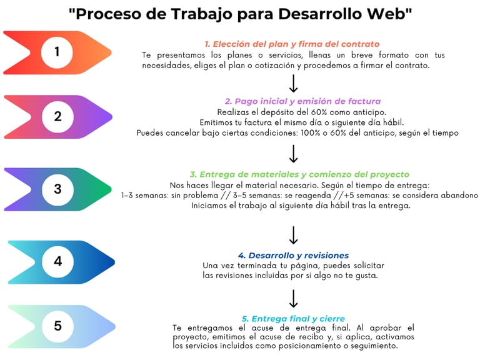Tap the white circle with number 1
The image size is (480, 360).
click(x=57, y=52)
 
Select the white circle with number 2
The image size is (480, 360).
click(x=57, y=117)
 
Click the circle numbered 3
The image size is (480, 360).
click(x=57, y=189)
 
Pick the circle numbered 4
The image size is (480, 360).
click(x=57, y=262)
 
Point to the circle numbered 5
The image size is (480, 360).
click(x=57, y=326)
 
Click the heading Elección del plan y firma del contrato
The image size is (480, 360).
click(x=292, y=44)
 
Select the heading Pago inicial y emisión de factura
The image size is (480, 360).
click(x=302, y=101)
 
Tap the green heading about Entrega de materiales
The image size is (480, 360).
click(x=299, y=174)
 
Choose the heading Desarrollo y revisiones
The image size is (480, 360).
click(x=293, y=255)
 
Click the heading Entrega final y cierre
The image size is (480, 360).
click(x=293, y=319)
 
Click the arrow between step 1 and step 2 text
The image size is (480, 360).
click(x=294, y=84)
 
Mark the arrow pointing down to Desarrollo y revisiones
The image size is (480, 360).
click(x=294, y=235)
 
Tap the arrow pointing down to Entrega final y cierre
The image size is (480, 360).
click(x=294, y=299)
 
